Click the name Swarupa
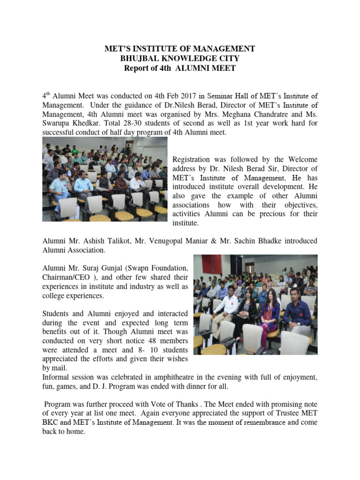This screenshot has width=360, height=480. pos(58,123)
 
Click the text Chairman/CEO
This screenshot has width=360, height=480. pos(65,277)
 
